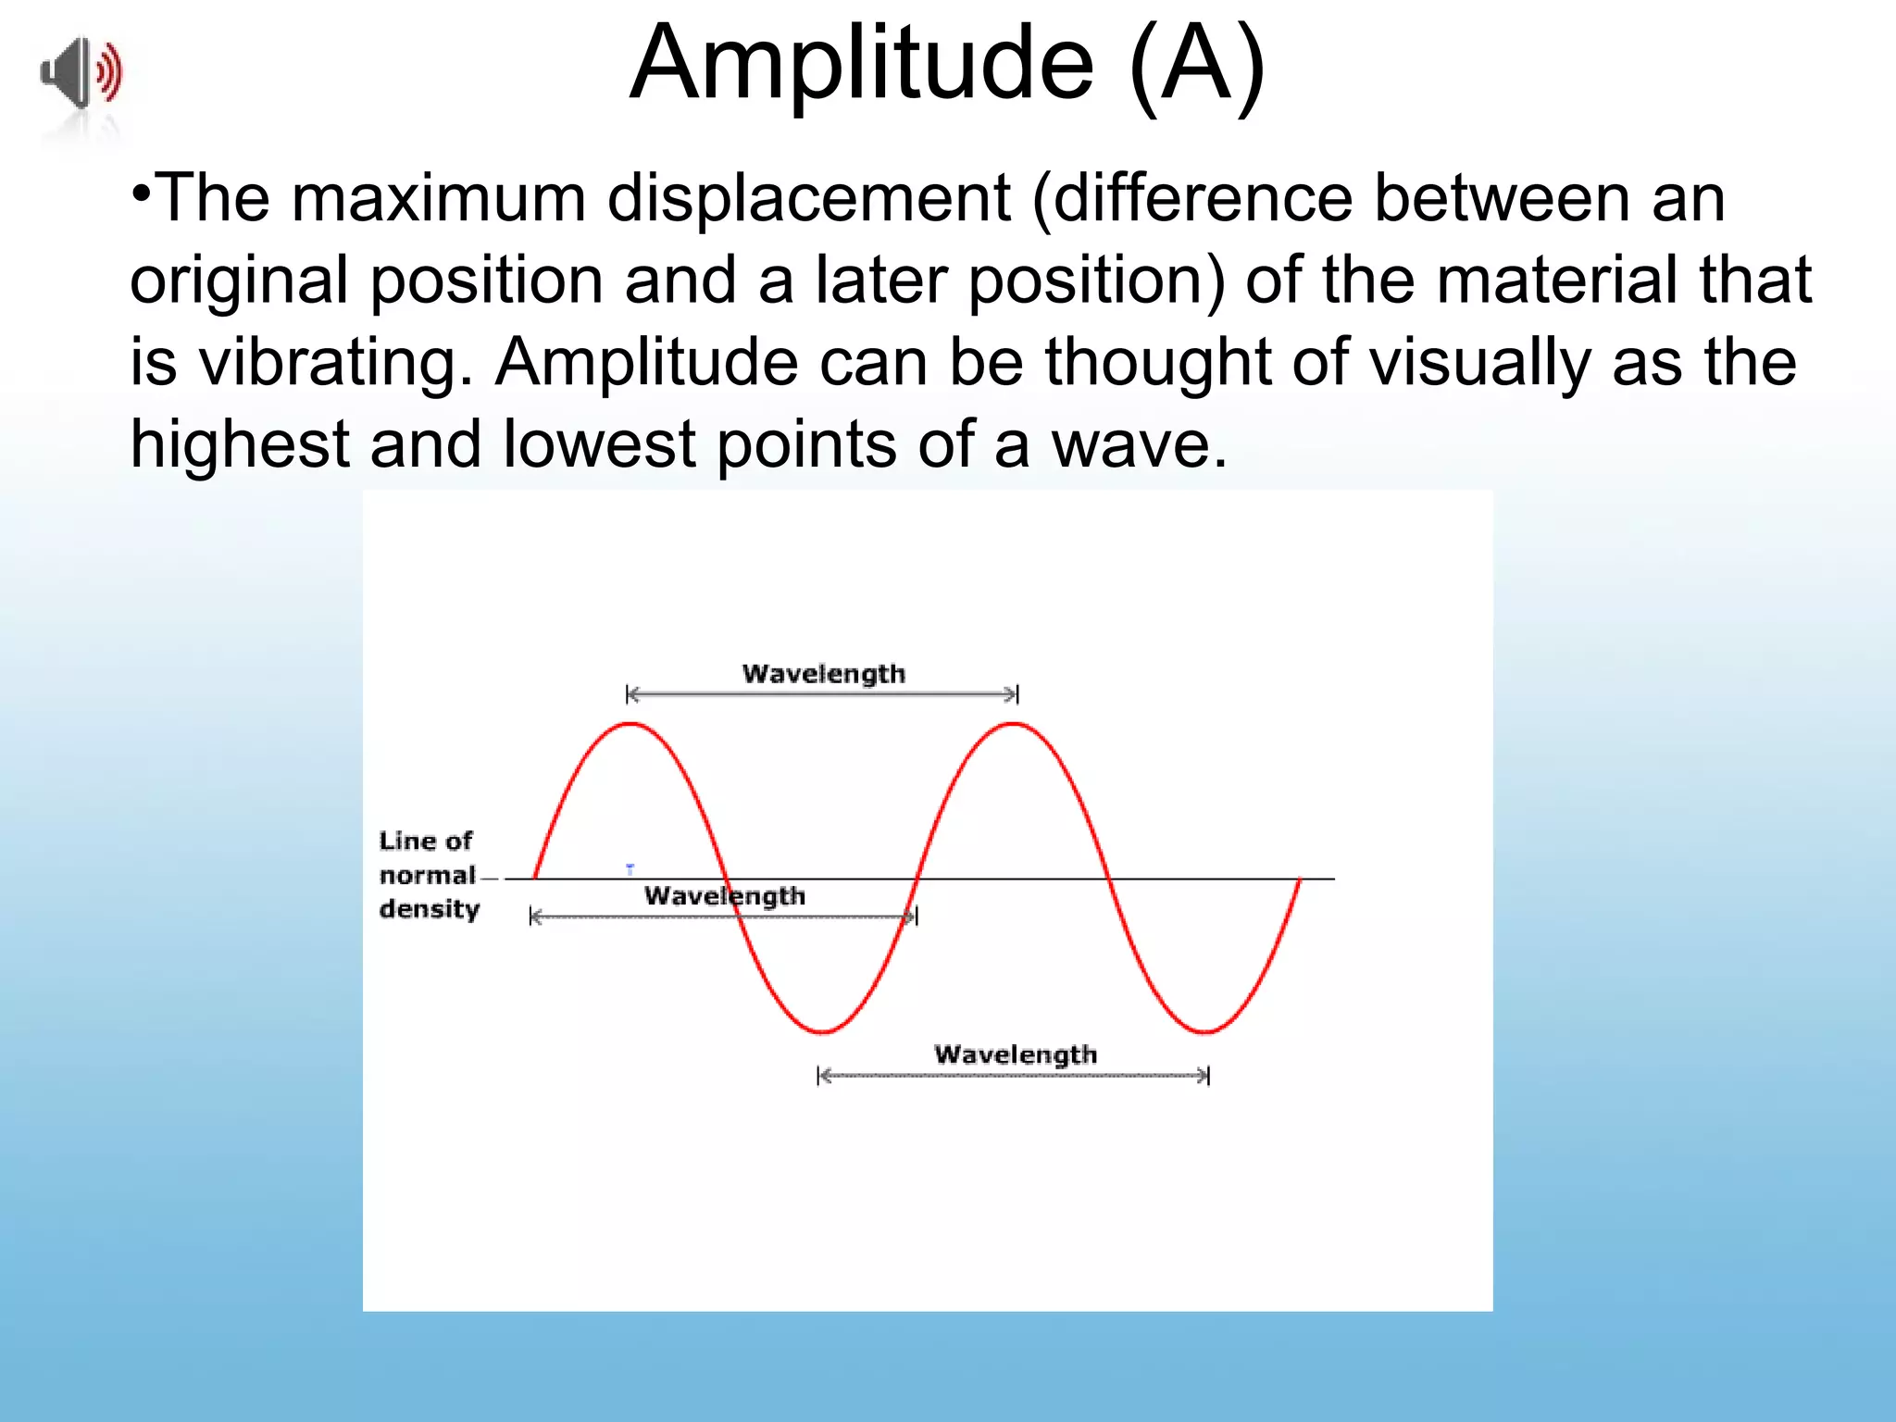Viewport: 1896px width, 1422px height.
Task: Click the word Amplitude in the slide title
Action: tap(862, 65)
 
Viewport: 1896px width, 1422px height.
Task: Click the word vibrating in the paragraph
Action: tap(330, 362)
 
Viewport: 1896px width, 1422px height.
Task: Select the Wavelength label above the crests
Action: tap(823, 674)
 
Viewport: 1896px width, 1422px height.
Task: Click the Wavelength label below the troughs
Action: tap(1015, 1054)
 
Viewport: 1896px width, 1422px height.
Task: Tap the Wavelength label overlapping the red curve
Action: tap(725, 896)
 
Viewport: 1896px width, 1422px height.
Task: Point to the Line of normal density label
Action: tap(429, 875)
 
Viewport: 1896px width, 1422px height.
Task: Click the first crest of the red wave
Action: tap(630, 724)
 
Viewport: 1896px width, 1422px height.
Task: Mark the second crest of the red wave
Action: tap(1015, 724)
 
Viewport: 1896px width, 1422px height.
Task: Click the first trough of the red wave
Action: tap(822, 1030)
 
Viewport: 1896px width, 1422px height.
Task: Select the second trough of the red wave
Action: tap(1205, 1030)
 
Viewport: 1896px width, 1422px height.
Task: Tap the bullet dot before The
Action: tap(141, 193)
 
